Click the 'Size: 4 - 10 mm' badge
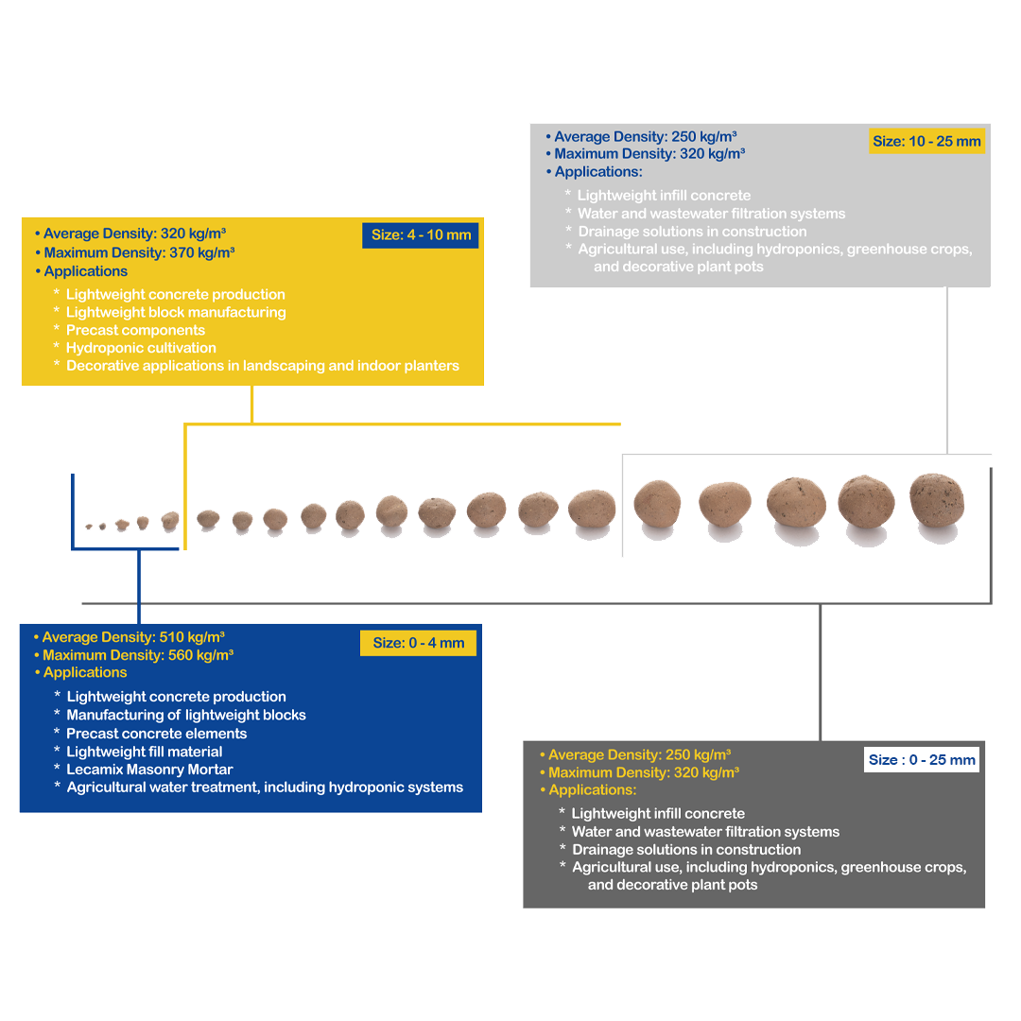420,235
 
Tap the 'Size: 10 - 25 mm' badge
926,141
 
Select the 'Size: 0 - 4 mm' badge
418,643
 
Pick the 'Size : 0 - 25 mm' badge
922,759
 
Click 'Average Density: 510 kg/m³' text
133,637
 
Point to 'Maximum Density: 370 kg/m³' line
139,252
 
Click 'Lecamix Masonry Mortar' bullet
149,770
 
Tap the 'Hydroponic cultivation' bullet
141,348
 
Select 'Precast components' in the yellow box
135,330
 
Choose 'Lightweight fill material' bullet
145,752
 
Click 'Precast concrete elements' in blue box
157,734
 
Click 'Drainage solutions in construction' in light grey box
692,232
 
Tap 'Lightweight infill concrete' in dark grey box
658,813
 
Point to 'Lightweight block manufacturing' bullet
176,313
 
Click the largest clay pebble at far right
936,500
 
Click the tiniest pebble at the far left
89,527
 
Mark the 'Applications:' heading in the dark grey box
593,789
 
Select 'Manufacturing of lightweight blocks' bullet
186,715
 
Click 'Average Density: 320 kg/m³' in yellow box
135,234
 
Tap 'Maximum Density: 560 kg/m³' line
138,655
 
